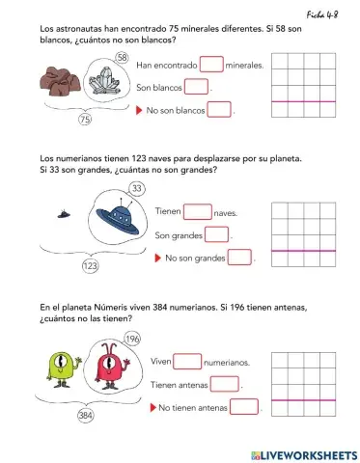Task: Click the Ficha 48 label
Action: coord(328,13)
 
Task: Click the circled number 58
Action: coord(122,58)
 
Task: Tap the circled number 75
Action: coord(85,121)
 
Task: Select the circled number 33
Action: coord(109,188)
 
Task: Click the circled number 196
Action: coord(132,339)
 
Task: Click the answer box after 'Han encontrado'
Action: coord(211,65)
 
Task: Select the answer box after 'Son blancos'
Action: coord(196,88)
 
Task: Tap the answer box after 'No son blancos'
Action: coord(220,110)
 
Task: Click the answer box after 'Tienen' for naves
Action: coord(197,211)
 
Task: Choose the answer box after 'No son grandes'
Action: coord(238,258)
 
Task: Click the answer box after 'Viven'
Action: coord(188,362)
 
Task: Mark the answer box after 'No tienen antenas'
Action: coord(244,407)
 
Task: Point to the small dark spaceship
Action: coord(63,215)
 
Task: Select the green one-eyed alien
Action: coord(60,368)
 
